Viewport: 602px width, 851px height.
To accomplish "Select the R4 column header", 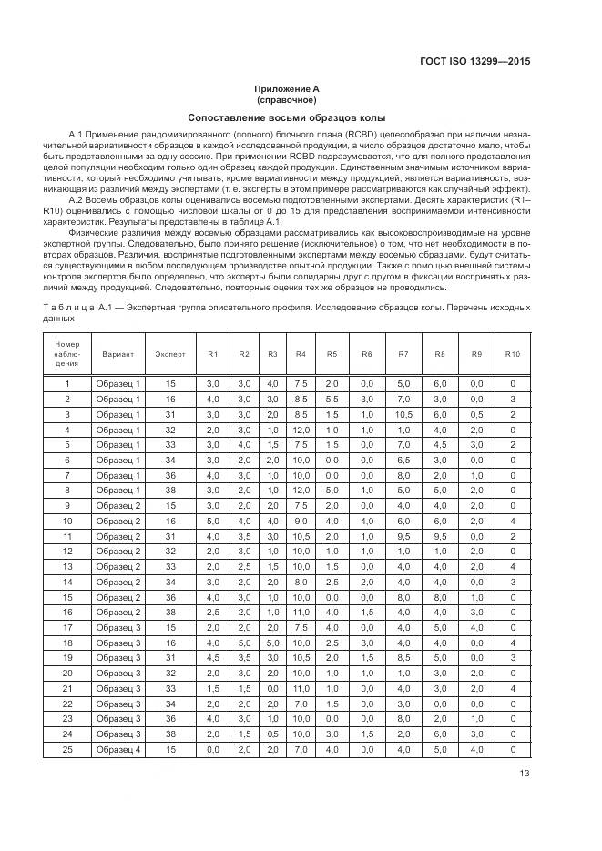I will (x=301, y=353).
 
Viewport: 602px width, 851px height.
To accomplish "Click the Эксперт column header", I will (x=170, y=353).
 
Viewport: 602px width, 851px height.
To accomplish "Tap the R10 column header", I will (x=513, y=353).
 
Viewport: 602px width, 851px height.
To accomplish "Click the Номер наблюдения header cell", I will (x=67, y=353).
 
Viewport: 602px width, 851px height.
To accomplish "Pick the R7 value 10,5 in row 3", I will (x=404, y=415).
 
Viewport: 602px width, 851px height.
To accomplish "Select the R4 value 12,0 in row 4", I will (x=301, y=431).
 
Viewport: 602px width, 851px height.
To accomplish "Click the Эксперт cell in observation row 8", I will (x=170, y=491).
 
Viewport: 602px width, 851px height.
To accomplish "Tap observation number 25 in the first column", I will (x=67, y=749).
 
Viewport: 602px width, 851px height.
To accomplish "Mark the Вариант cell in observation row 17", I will (x=118, y=627).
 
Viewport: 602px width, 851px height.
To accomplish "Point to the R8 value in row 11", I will (x=439, y=537).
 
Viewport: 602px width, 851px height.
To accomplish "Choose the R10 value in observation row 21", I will (x=513, y=688).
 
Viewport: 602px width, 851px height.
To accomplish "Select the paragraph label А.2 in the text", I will (x=77, y=199).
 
